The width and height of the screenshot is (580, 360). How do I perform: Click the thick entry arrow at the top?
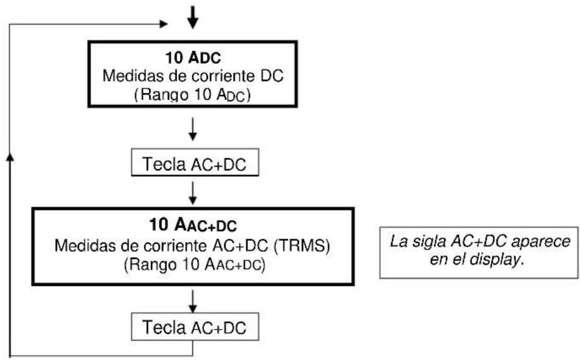(x=193, y=18)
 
